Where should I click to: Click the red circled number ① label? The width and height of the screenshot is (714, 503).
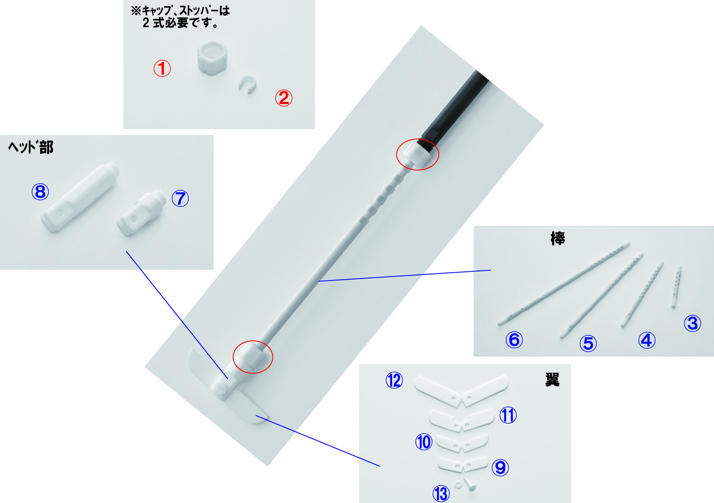tap(162, 68)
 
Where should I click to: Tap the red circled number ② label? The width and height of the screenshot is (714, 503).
tap(283, 98)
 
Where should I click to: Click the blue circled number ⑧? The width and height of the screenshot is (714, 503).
tap(40, 192)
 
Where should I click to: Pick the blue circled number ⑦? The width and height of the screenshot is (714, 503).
tap(180, 198)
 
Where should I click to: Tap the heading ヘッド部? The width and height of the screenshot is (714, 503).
tap(31, 147)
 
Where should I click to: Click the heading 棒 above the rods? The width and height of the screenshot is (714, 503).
tap(557, 239)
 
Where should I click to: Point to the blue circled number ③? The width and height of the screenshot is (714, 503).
tap(692, 323)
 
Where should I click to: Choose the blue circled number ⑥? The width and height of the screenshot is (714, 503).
tap(514, 340)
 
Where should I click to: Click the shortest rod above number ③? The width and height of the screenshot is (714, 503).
tap(676, 287)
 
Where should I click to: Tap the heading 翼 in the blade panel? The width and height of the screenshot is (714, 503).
tap(552, 380)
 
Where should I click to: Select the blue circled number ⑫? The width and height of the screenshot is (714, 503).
tap(394, 380)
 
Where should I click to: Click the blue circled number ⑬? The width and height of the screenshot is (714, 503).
tap(441, 493)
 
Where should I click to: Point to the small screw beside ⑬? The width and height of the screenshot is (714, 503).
tap(470, 484)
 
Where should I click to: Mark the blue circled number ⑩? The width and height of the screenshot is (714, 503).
tap(424, 442)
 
